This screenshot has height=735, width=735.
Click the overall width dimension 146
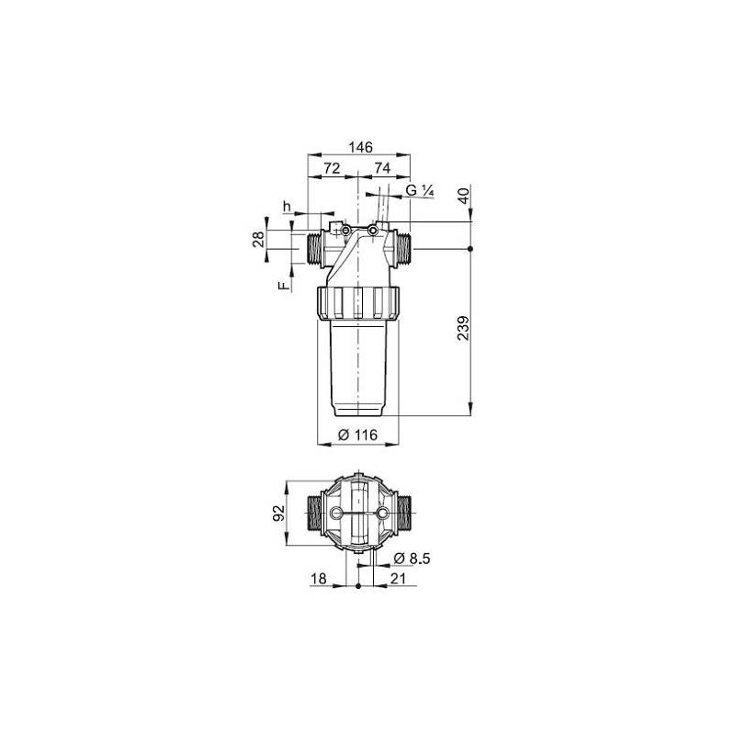click(x=358, y=147)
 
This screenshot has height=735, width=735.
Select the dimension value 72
click(x=332, y=169)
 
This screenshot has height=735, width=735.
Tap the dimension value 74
click(x=382, y=169)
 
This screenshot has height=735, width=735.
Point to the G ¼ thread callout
click(x=419, y=191)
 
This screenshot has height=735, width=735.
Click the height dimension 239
click(x=462, y=329)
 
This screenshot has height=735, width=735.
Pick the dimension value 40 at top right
click(x=463, y=196)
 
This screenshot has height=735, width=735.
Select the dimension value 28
click(x=259, y=240)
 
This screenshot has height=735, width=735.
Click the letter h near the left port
click(x=287, y=206)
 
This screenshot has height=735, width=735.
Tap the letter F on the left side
click(x=284, y=287)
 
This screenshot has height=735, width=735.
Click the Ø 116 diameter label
click(x=357, y=435)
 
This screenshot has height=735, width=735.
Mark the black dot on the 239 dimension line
click(x=470, y=249)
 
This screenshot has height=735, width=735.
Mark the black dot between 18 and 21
click(x=356, y=585)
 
